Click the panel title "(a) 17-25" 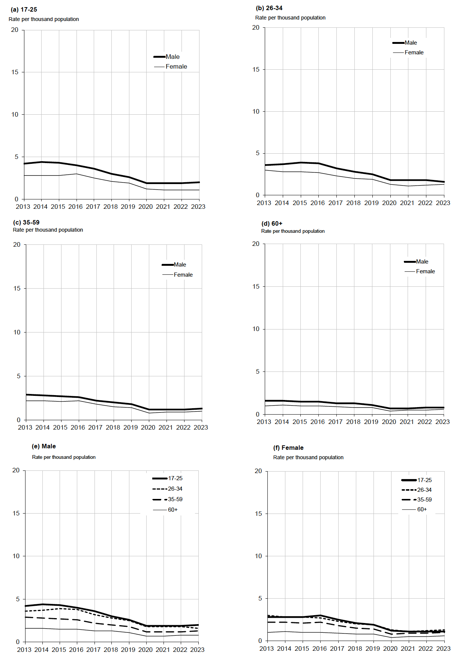[24, 10]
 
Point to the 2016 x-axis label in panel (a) [75, 207]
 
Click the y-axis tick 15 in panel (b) [256, 69]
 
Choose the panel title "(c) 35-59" [26, 222]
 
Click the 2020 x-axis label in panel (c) [148, 427]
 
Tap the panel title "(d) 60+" [272, 223]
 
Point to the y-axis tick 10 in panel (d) [256, 329]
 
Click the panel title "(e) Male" [44, 446]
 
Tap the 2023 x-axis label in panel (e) [197, 650]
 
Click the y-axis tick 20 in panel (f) [258, 471]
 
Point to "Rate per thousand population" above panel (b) [290, 18]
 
